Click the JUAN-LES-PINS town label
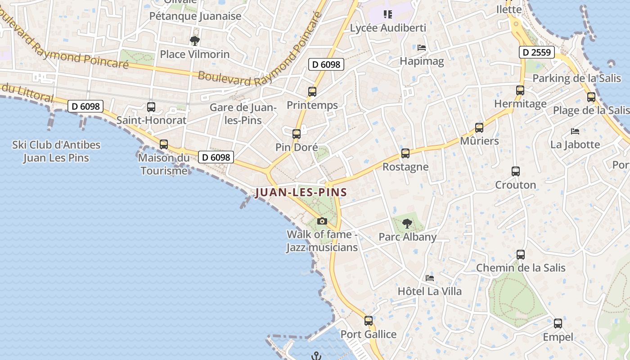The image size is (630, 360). click(x=301, y=193)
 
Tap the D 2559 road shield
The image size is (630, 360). click(x=537, y=52)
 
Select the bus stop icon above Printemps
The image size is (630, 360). click(x=312, y=92)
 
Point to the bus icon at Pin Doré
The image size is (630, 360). click(x=296, y=134)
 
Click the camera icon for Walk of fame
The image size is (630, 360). click(x=322, y=221)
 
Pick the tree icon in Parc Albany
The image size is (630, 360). click(x=407, y=223)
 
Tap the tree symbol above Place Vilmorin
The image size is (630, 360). click(x=194, y=41)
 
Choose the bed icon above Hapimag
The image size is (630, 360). click(x=422, y=47)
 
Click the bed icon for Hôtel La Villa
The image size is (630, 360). click(x=430, y=278)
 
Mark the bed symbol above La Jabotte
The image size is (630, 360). click(x=575, y=131)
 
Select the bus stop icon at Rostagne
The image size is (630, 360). click(x=405, y=153)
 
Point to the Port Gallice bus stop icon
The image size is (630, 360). click(x=369, y=321)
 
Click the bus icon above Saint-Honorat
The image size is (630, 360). click(x=151, y=107)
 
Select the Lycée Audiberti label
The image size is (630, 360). click(x=388, y=28)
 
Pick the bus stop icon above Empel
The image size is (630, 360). click(x=558, y=324)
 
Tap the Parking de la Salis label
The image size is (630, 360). click(x=576, y=78)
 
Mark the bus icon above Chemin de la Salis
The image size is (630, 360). click(x=521, y=255)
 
